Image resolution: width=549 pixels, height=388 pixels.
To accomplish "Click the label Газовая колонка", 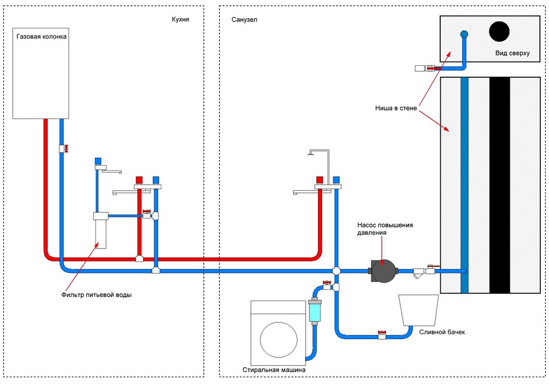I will point(42,37).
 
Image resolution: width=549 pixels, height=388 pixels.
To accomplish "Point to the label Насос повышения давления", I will point(385,229).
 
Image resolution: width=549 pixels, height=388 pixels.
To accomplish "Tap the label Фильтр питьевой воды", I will point(104,295).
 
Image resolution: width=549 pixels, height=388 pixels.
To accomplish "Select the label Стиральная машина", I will point(274,370).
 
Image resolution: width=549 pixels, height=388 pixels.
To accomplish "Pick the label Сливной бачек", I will point(442,332).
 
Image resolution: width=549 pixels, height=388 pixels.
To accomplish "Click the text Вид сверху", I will point(513,53).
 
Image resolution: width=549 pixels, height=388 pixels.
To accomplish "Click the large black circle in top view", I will point(499,32).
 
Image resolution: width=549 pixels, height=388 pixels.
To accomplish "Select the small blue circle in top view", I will point(464,34).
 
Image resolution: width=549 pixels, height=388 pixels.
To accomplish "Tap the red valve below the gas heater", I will point(66,148).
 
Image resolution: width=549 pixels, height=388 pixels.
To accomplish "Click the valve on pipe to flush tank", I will point(382,333).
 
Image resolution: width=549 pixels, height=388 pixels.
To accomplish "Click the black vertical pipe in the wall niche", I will point(499,185).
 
